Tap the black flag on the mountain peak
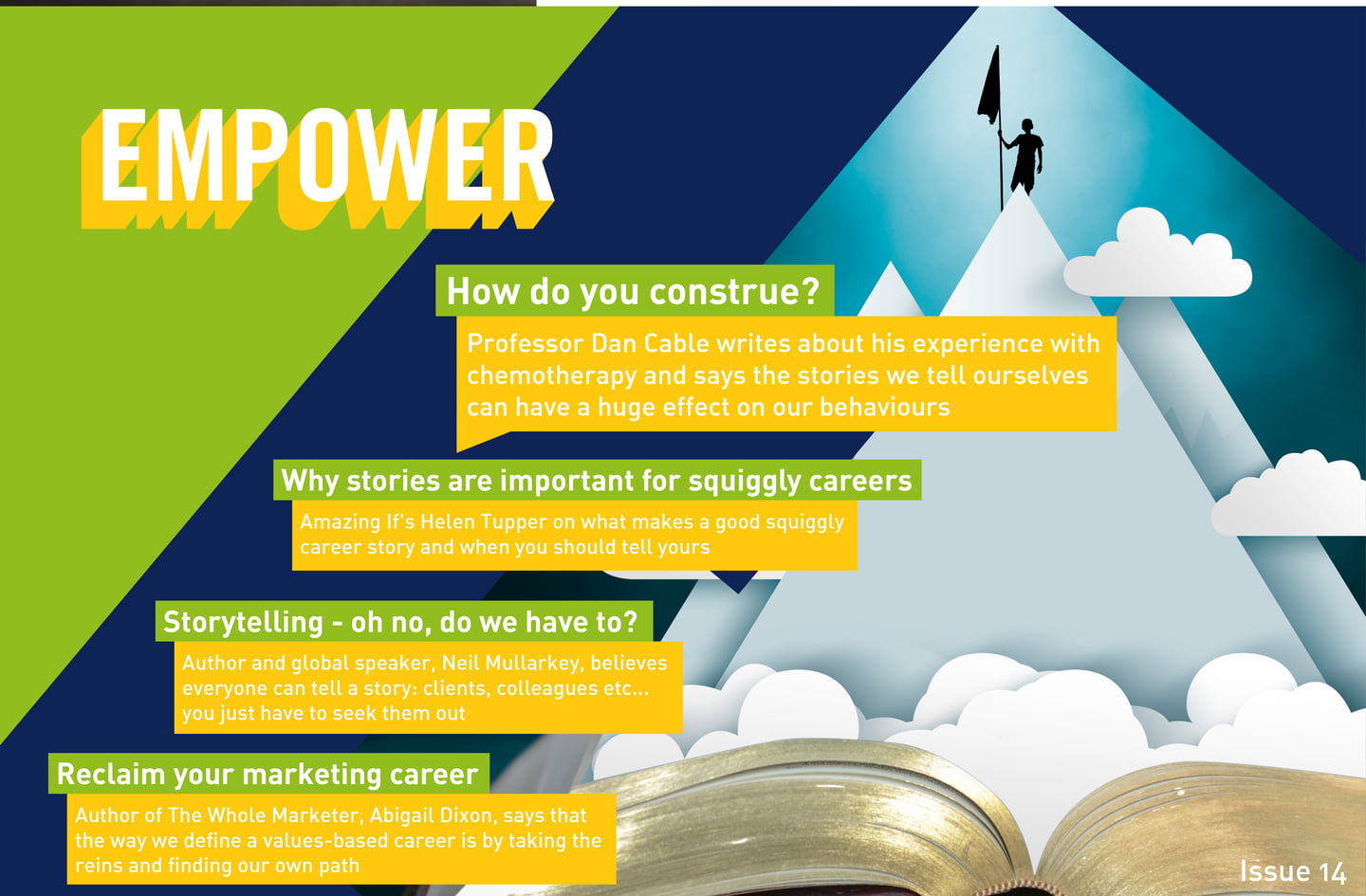(x=989, y=85)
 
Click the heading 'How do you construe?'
(x=633, y=291)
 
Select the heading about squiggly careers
(x=597, y=481)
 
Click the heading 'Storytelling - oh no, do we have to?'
(x=400, y=622)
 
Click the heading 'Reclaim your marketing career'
(x=268, y=775)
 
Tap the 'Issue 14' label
(x=1293, y=872)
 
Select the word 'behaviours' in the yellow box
(x=885, y=407)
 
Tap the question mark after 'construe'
(x=812, y=291)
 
